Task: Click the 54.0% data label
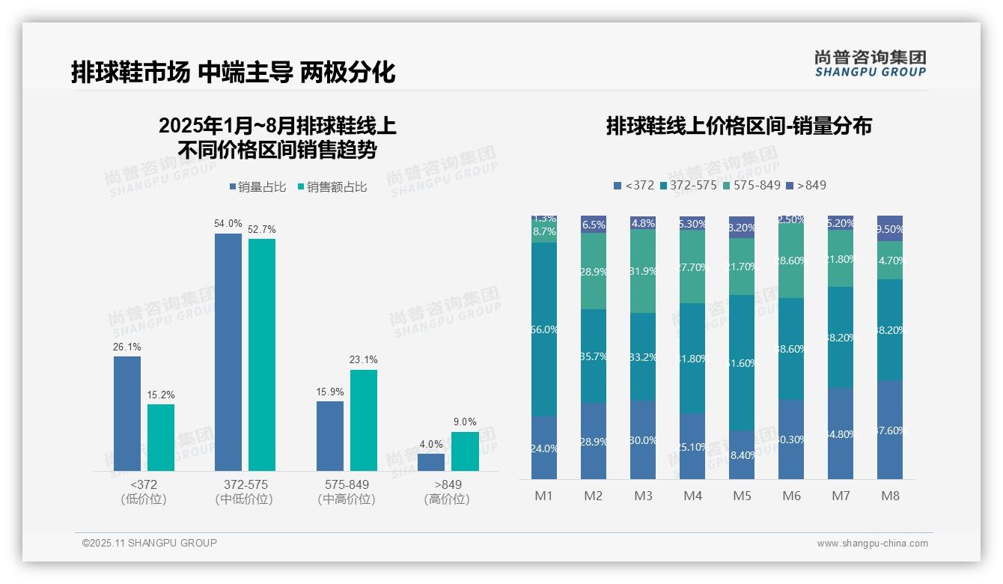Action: point(228,223)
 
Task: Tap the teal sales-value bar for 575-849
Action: point(363,420)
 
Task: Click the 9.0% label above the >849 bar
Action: point(465,422)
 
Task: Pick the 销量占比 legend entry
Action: point(257,187)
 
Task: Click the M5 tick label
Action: point(742,496)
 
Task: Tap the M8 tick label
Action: point(890,496)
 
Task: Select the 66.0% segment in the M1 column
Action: point(544,329)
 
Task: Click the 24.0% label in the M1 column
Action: point(544,448)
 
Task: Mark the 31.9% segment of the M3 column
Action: point(643,271)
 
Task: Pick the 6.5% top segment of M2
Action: point(594,225)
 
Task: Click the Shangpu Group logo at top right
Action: point(870,63)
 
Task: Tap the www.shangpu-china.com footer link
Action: point(872,544)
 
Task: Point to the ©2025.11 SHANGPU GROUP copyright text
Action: point(150,543)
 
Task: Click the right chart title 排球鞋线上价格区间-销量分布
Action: point(739,126)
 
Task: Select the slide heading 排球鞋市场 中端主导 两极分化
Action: point(233,73)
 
